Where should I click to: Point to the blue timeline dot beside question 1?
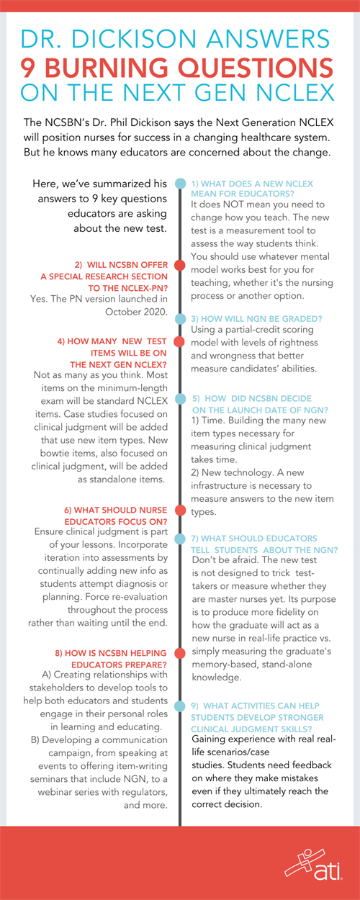point(179,183)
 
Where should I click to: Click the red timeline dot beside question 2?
point(179,266)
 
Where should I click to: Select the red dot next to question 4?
point(179,343)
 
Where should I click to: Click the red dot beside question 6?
point(179,512)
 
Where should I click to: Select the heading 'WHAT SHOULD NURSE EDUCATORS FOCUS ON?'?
point(115,516)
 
